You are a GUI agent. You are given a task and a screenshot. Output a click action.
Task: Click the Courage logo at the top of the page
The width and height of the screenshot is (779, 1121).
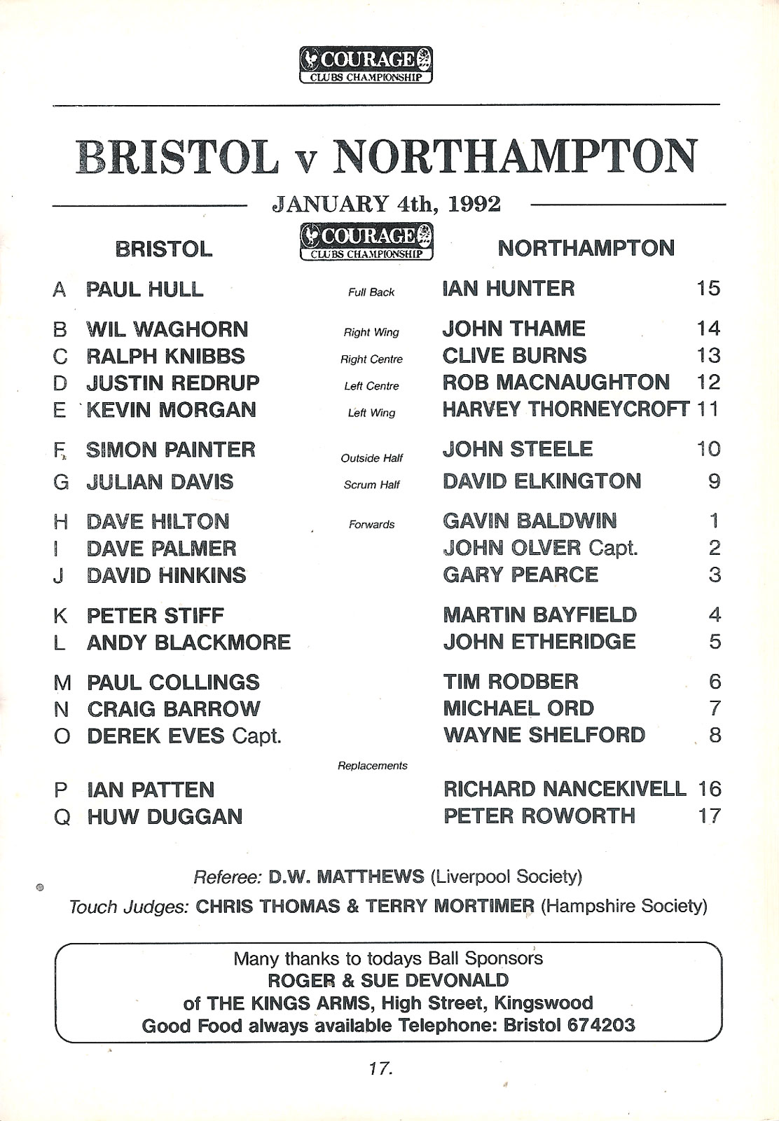coord(366,65)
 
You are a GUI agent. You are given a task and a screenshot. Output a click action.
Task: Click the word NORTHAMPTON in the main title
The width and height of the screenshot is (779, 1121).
coord(515,156)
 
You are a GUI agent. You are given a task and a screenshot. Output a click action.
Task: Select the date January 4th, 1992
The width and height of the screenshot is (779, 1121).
coord(386,204)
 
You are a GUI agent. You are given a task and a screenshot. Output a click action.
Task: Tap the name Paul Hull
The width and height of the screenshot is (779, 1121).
coord(144,289)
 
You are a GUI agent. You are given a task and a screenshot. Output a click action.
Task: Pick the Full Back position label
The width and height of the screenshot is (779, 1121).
coord(371,292)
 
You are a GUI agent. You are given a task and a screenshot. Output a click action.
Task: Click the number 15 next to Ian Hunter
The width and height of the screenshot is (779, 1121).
coord(708,289)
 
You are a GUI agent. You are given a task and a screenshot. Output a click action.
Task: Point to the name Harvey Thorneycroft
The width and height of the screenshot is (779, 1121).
coord(566,409)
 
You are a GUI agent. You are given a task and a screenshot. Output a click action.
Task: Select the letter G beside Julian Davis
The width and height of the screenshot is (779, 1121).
coord(61,483)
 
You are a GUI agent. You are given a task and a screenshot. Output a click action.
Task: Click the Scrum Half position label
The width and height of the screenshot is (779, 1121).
coord(371,485)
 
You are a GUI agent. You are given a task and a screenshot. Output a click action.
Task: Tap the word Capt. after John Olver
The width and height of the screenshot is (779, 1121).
coord(613,548)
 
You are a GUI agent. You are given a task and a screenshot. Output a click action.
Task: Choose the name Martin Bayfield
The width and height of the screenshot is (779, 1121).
coord(539,615)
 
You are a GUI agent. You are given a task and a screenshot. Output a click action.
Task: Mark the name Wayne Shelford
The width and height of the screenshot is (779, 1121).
coord(544,735)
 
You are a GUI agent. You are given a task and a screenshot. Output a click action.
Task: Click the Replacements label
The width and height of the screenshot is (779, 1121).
coord(372,766)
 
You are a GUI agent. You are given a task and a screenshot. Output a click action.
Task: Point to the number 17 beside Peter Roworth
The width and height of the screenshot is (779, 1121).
coord(709,816)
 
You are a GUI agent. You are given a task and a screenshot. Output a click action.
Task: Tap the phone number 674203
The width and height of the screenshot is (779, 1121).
coord(600,1026)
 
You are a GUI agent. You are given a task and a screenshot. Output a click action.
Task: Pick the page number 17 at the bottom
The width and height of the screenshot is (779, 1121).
coord(380,1069)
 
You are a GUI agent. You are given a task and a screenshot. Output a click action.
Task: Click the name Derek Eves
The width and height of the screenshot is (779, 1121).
coord(156,736)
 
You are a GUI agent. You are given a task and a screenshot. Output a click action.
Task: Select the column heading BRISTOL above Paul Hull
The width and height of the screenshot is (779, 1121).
coord(163,249)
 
